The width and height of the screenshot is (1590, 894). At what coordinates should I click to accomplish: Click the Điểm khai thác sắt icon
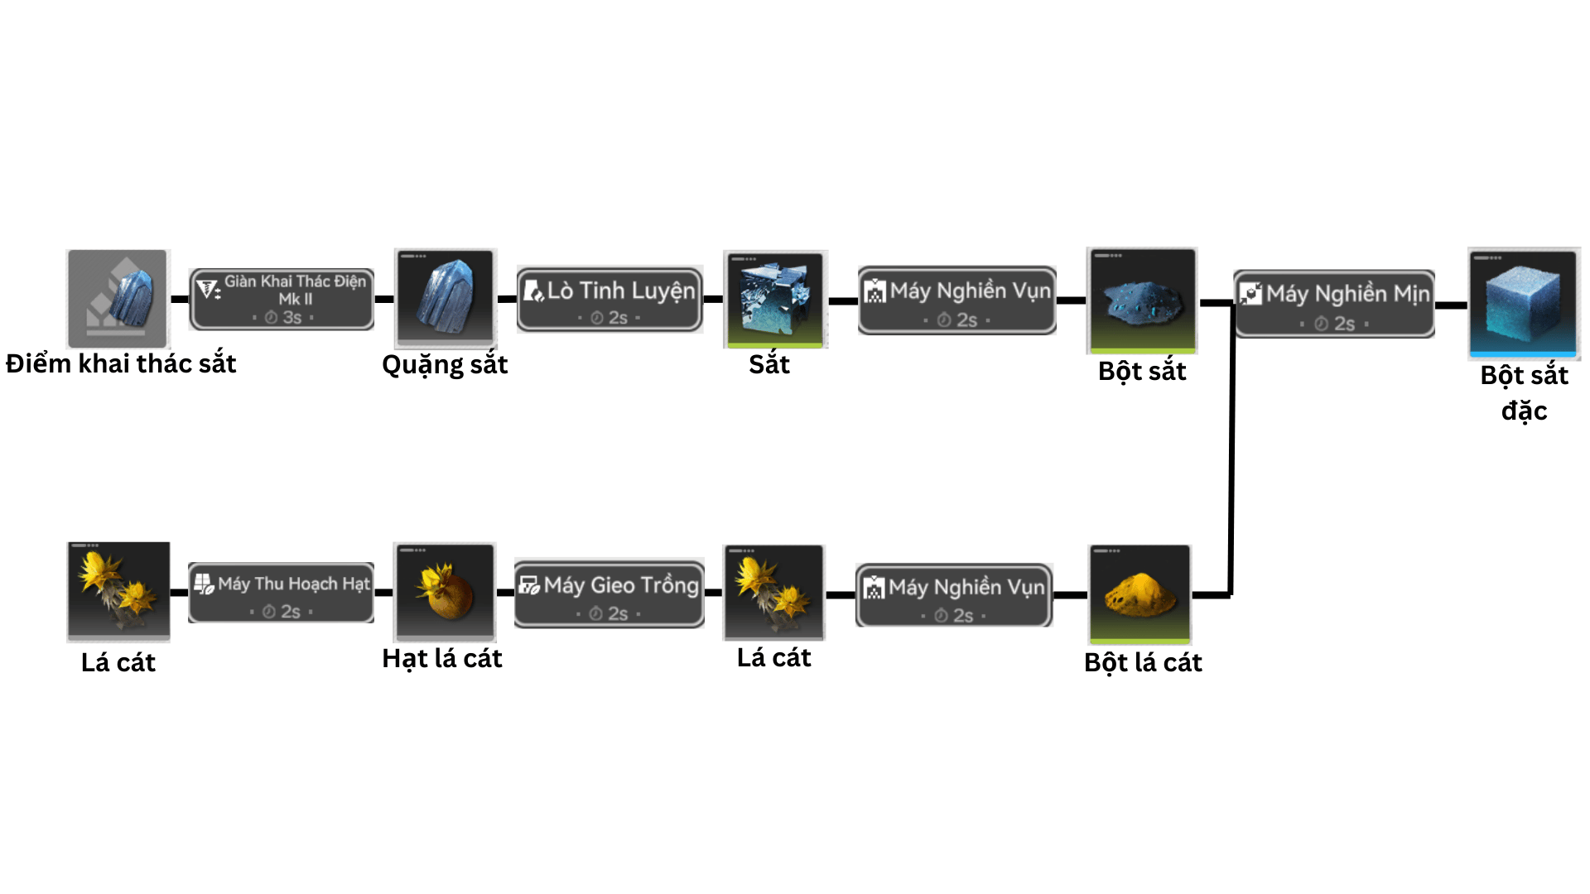point(118,299)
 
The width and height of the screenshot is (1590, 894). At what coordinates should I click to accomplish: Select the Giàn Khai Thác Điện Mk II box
point(282,299)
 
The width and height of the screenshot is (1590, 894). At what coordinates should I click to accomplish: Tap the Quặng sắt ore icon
point(446,297)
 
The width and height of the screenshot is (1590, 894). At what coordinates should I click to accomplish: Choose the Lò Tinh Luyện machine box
point(609,299)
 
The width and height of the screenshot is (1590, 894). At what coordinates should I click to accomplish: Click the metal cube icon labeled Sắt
point(775,299)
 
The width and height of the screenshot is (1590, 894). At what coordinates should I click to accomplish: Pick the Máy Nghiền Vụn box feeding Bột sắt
point(956,300)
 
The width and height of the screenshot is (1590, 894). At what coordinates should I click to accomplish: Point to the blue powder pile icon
point(1142,300)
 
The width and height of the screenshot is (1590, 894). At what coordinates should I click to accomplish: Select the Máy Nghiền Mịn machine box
point(1333,304)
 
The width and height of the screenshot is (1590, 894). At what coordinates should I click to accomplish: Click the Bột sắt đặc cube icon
point(1524,303)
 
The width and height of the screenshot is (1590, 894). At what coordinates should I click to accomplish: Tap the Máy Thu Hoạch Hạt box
point(282,593)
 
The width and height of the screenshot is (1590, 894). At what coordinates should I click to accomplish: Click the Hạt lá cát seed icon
point(446,592)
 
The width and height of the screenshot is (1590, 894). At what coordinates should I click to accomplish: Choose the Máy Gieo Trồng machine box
point(609,594)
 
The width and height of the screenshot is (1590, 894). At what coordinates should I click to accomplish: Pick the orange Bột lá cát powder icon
point(1139,594)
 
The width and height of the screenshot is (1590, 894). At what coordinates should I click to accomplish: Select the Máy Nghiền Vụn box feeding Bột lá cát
point(954,595)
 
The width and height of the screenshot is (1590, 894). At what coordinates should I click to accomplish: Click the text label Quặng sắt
point(445,365)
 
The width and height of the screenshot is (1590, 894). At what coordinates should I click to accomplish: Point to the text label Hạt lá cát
point(442,659)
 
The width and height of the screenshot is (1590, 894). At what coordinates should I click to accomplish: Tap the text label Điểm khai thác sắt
point(121,364)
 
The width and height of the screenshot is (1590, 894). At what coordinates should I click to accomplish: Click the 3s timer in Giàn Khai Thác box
point(283,317)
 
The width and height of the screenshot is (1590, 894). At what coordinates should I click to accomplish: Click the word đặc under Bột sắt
point(1524,411)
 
